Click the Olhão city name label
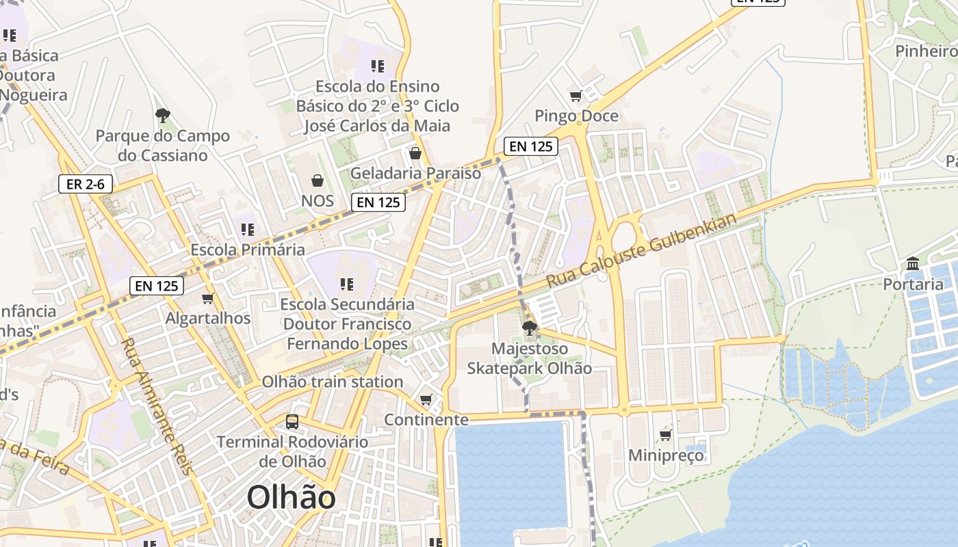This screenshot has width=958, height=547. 291,497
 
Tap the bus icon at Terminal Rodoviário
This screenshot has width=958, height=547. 292,421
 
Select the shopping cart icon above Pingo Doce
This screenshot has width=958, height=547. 576,96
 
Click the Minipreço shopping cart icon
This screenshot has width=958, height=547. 665,435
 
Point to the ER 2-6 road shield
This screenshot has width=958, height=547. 86,184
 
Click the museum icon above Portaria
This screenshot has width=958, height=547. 912,264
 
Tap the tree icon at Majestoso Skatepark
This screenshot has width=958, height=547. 529,329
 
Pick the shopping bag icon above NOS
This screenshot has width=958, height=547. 318,181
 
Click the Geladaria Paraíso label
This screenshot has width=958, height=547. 415,173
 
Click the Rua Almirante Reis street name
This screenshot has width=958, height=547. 158,404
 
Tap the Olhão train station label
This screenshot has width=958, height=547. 333,382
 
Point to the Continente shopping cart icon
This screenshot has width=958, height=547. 426,399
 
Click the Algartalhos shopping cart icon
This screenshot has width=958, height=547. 208,299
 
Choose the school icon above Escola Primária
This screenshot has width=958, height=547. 248,230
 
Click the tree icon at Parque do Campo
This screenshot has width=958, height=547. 162,115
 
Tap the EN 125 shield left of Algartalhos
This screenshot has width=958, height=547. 157,286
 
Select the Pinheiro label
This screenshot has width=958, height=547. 925,51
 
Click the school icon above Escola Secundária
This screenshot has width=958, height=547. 347,284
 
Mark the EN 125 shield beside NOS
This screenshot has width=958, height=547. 378,202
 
